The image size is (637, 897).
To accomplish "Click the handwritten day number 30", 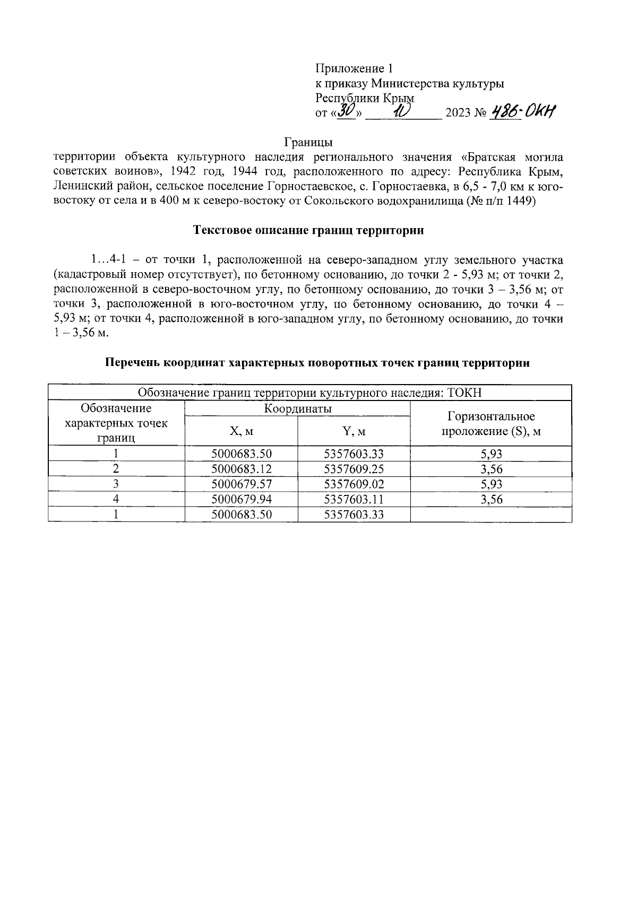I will click(346, 110).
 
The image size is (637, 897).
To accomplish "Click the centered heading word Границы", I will click(308, 143).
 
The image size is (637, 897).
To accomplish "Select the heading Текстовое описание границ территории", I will click(309, 231).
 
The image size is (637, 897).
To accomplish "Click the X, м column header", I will click(241, 431).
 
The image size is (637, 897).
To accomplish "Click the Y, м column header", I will click(354, 431).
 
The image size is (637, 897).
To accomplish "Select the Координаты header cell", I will click(297, 408).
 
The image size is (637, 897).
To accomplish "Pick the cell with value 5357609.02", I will click(354, 484).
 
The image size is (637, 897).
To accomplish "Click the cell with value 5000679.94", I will click(241, 499).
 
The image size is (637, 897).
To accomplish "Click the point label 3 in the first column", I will click(116, 484).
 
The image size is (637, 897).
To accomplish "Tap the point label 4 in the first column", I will click(116, 499).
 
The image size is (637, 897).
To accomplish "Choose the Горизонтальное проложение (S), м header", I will click(491, 423).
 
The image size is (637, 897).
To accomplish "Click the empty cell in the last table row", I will click(491, 515).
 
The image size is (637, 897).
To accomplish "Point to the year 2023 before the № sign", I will click(458, 113).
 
